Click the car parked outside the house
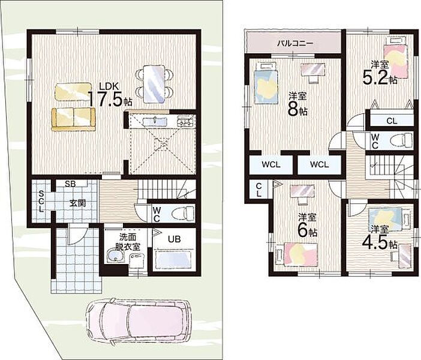(139, 322)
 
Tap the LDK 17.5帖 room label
(110, 95)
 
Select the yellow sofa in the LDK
(73, 119)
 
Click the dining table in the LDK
(154, 84)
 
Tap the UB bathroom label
(175, 239)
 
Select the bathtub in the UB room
(174, 259)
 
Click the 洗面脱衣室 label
(127, 242)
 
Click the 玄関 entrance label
(78, 203)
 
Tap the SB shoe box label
(70, 184)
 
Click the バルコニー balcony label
(295, 43)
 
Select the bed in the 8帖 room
(266, 83)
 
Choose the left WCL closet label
(271, 164)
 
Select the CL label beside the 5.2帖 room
(392, 121)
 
